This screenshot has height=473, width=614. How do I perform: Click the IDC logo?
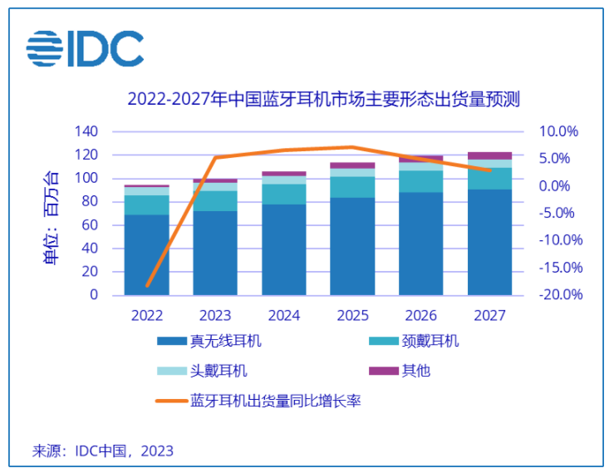pyautogui.click(x=84, y=50)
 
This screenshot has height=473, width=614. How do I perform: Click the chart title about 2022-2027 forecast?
pyautogui.click(x=322, y=100)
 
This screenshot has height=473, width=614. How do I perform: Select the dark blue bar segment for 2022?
pyautogui.click(x=147, y=254)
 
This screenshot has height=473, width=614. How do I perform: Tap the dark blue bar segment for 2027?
pyautogui.click(x=489, y=242)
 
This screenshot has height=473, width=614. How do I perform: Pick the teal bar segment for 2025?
pyautogui.click(x=352, y=187)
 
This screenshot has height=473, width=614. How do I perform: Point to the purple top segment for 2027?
pyautogui.click(x=489, y=155)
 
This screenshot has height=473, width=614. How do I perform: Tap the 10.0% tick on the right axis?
pyautogui.click(x=558, y=132)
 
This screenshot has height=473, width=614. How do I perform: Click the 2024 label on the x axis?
pyautogui.click(x=284, y=316)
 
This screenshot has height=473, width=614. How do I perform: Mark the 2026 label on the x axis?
pyautogui.click(x=420, y=316)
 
